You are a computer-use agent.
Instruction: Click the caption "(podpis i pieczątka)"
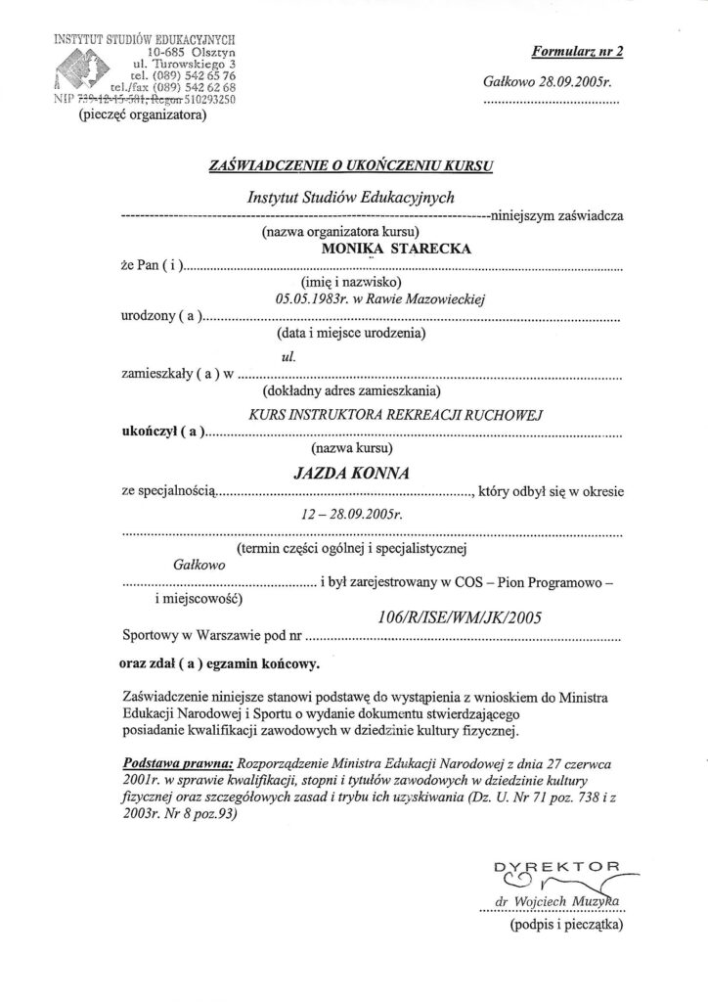[x=562, y=924]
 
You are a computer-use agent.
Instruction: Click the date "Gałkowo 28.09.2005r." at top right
[x=547, y=84]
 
